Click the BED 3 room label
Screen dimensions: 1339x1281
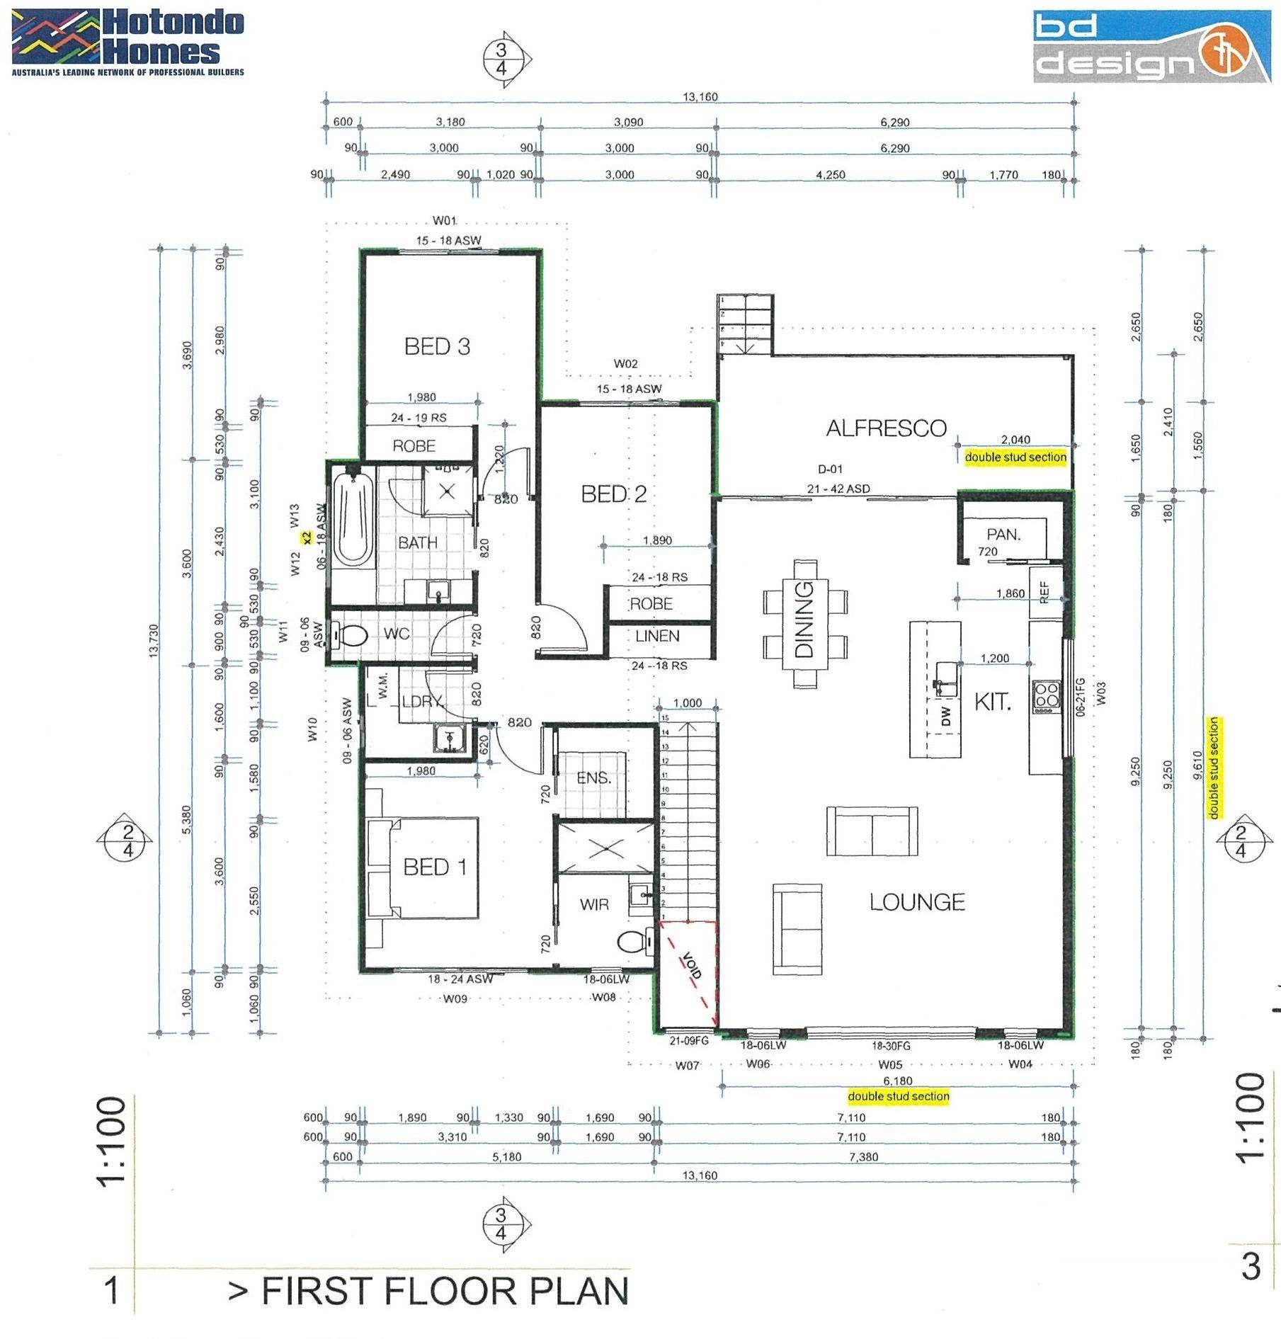tap(437, 346)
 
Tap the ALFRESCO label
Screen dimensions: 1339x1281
tap(886, 428)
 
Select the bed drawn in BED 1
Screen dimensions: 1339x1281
tap(423, 867)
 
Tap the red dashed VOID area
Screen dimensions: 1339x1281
tap(688, 969)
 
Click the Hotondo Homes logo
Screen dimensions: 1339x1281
tap(127, 41)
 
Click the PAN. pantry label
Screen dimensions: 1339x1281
tap(1003, 535)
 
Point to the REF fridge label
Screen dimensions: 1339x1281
tap(1044, 592)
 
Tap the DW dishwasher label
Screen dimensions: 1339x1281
tap(946, 717)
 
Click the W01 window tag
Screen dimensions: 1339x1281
tap(445, 220)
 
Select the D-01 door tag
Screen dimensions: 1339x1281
tap(830, 469)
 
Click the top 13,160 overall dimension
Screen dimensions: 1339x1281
tap(700, 96)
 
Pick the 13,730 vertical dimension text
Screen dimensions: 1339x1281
tap(154, 640)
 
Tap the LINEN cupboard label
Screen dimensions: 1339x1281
tap(657, 636)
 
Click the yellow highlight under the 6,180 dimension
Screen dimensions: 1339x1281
tap(898, 1096)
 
